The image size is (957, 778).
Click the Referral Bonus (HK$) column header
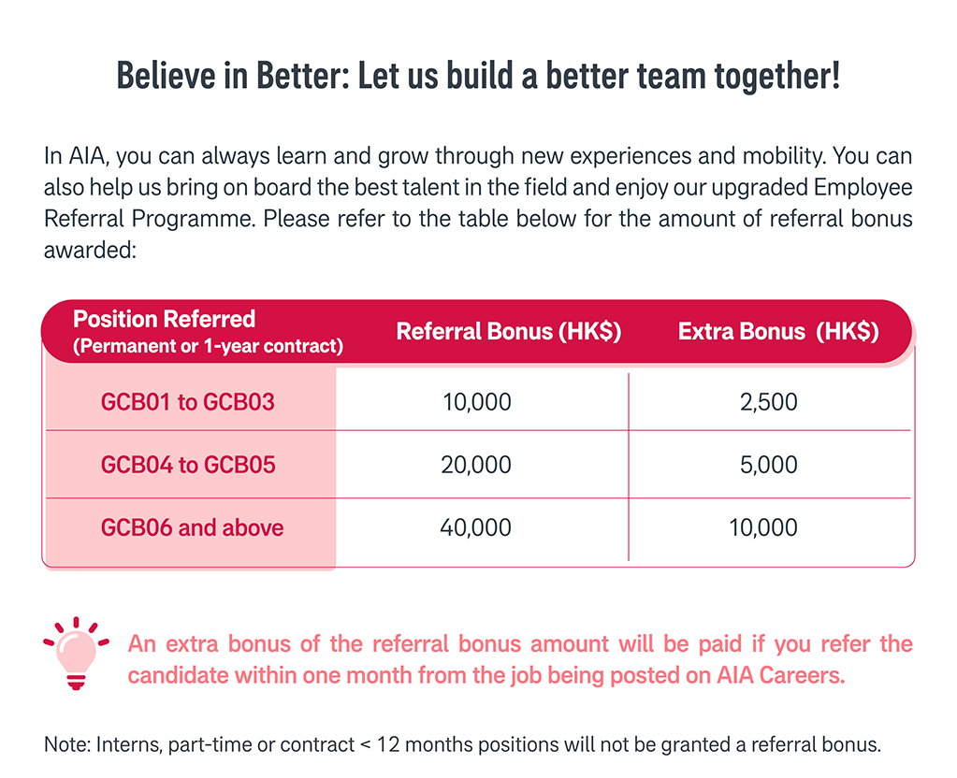tap(508, 331)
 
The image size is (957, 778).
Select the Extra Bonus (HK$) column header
tap(778, 331)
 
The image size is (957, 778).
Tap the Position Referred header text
tap(165, 319)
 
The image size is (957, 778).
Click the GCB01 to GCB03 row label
tap(187, 402)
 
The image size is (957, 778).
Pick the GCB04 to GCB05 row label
tap(188, 465)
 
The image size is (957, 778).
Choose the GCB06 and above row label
tap(193, 527)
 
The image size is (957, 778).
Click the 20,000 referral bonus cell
tap(476, 465)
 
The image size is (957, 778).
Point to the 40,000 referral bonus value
tap(475, 527)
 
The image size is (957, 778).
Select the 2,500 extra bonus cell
tap(768, 402)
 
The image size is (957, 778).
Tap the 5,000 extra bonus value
tap(768, 465)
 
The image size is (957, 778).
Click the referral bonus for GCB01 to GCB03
tap(477, 402)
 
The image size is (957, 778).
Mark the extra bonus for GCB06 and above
tap(763, 527)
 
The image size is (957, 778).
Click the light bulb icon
tap(76, 653)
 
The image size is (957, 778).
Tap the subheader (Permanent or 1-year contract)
tap(208, 346)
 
